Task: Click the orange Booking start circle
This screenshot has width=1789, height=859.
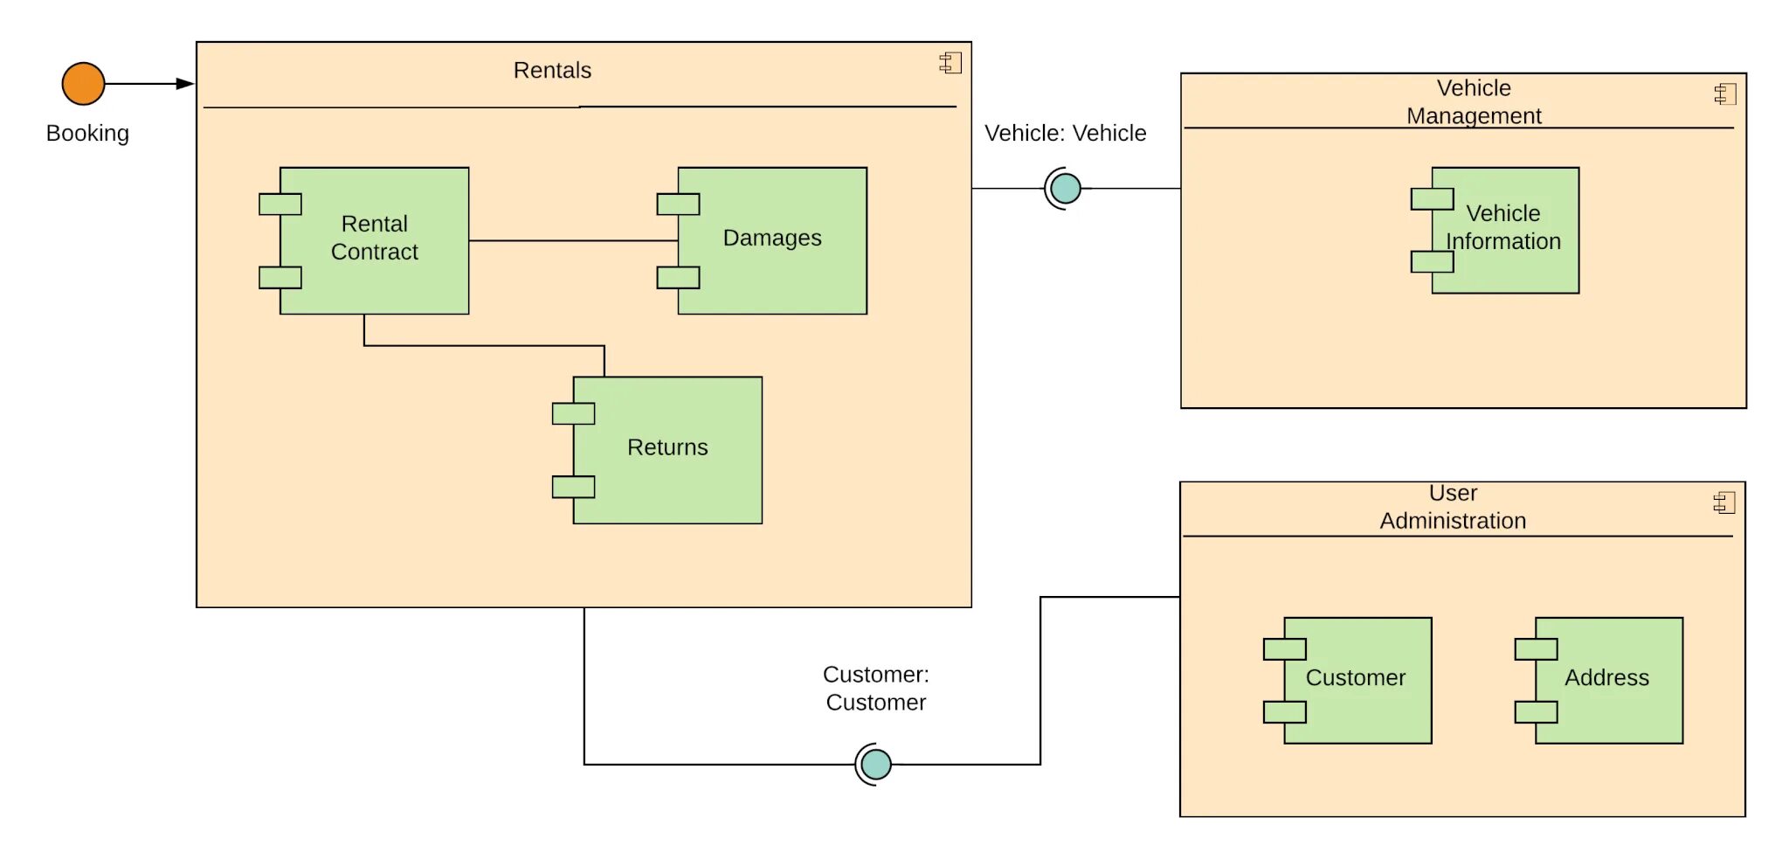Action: tap(83, 84)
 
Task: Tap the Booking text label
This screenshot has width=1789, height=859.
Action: tap(87, 133)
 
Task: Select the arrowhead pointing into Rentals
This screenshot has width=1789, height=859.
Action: tap(185, 84)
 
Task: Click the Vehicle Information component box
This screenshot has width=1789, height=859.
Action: tap(1504, 229)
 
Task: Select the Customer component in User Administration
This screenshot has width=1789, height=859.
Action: tap(1357, 679)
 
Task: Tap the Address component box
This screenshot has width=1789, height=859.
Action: tap(1607, 679)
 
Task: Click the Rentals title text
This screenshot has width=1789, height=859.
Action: tap(552, 70)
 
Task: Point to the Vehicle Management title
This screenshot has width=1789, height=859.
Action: tap(1474, 101)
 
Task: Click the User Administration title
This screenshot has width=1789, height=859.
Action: tap(1453, 507)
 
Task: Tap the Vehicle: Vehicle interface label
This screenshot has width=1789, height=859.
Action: tap(1065, 133)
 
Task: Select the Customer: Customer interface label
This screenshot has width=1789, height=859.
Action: tap(875, 688)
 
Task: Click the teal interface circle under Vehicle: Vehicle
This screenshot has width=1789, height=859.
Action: tap(1065, 188)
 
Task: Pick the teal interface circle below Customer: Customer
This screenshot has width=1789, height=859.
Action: tap(875, 764)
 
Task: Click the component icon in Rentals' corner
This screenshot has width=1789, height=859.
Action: tap(950, 63)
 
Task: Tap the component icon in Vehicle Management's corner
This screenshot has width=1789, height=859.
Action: tap(1725, 94)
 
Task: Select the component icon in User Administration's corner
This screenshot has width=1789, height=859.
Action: tap(1724, 502)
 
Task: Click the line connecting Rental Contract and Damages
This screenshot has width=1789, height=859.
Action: tap(572, 240)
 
